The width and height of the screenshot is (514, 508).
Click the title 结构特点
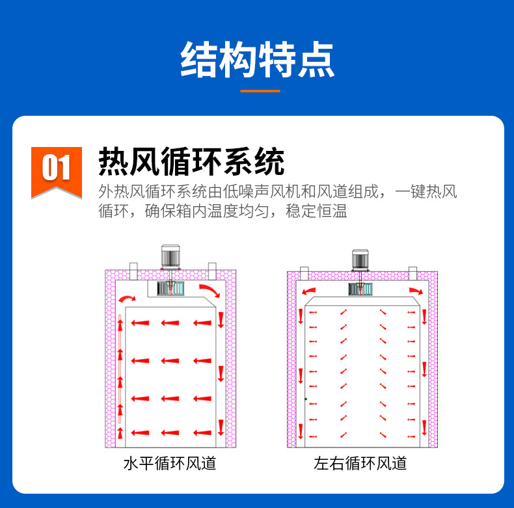click(x=257, y=59)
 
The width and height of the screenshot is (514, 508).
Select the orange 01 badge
click(x=56, y=168)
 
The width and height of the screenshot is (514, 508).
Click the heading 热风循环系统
click(x=191, y=161)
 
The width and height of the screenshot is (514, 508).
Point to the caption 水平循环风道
click(x=170, y=464)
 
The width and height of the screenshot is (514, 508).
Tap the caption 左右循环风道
click(x=360, y=464)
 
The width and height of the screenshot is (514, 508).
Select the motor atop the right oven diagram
click(x=360, y=260)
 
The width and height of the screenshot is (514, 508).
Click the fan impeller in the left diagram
click(x=171, y=288)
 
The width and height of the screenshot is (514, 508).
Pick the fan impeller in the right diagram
click(x=360, y=289)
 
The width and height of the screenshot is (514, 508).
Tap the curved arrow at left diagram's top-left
click(x=126, y=299)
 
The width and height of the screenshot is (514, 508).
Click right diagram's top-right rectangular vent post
click(x=413, y=272)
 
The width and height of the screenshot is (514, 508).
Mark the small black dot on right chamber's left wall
click(x=305, y=398)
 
